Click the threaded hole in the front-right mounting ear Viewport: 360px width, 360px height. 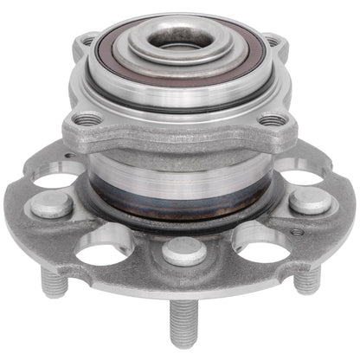(x=272, y=120)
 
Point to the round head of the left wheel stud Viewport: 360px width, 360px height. (x=54, y=204)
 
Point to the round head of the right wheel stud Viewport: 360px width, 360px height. (x=310, y=202)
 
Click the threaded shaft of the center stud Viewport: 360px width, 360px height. (x=184, y=325)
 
